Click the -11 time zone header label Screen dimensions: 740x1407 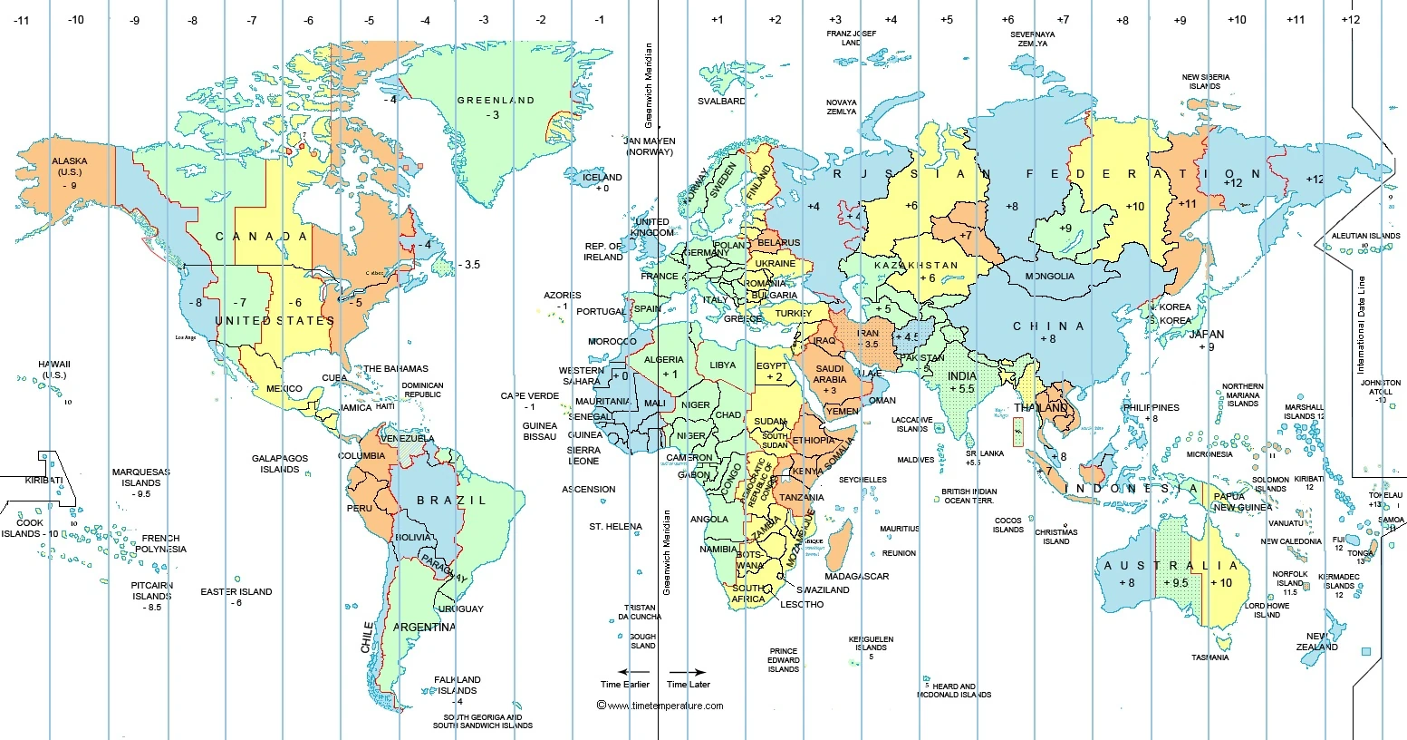[22, 19]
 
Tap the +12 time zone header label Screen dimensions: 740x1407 [1351, 19]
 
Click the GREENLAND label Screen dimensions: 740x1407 [496, 101]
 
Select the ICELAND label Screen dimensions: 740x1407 [602, 178]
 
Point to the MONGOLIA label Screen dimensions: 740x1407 [1050, 277]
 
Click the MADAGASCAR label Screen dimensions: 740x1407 [856, 577]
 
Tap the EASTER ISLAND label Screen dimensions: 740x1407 [236, 592]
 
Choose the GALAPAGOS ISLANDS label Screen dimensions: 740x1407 [280, 464]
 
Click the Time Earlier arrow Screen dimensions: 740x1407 [624, 672]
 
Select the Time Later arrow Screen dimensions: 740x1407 [689, 672]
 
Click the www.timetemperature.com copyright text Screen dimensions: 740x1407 [660, 706]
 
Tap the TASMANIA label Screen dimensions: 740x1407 [1209, 657]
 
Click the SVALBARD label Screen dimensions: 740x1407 [721, 102]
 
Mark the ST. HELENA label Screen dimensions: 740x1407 [615, 527]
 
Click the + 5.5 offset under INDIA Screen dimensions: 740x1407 [961, 389]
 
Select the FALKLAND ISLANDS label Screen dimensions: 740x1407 [458, 685]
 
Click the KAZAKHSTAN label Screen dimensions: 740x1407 [916, 266]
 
